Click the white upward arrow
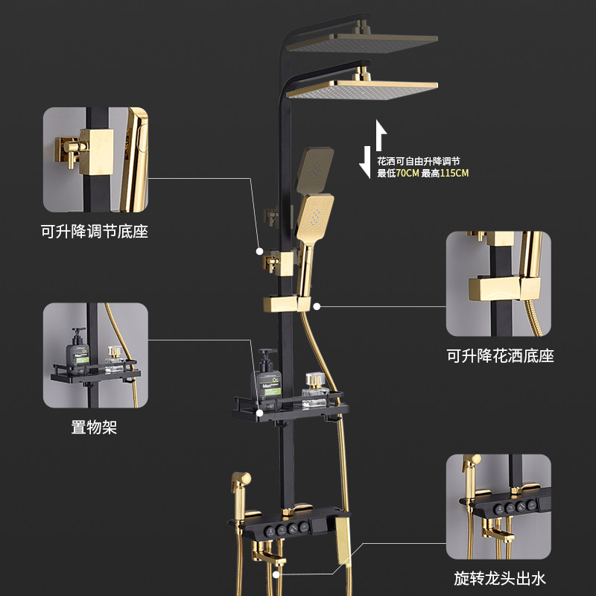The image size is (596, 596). (381, 136)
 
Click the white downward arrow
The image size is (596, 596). (365, 162)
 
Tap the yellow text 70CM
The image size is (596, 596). (408, 174)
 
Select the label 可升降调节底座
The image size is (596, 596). (95, 232)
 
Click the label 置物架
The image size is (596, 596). (95, 428)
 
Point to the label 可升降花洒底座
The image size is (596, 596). (501, 356)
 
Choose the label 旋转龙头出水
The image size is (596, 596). (500, 577)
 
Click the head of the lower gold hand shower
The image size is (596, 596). (317, 214)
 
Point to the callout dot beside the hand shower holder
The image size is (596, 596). (317, 305)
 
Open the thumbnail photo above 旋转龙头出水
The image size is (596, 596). (499, 507)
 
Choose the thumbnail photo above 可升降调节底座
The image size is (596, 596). (95, 159)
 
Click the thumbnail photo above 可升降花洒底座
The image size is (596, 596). (499, 283)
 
